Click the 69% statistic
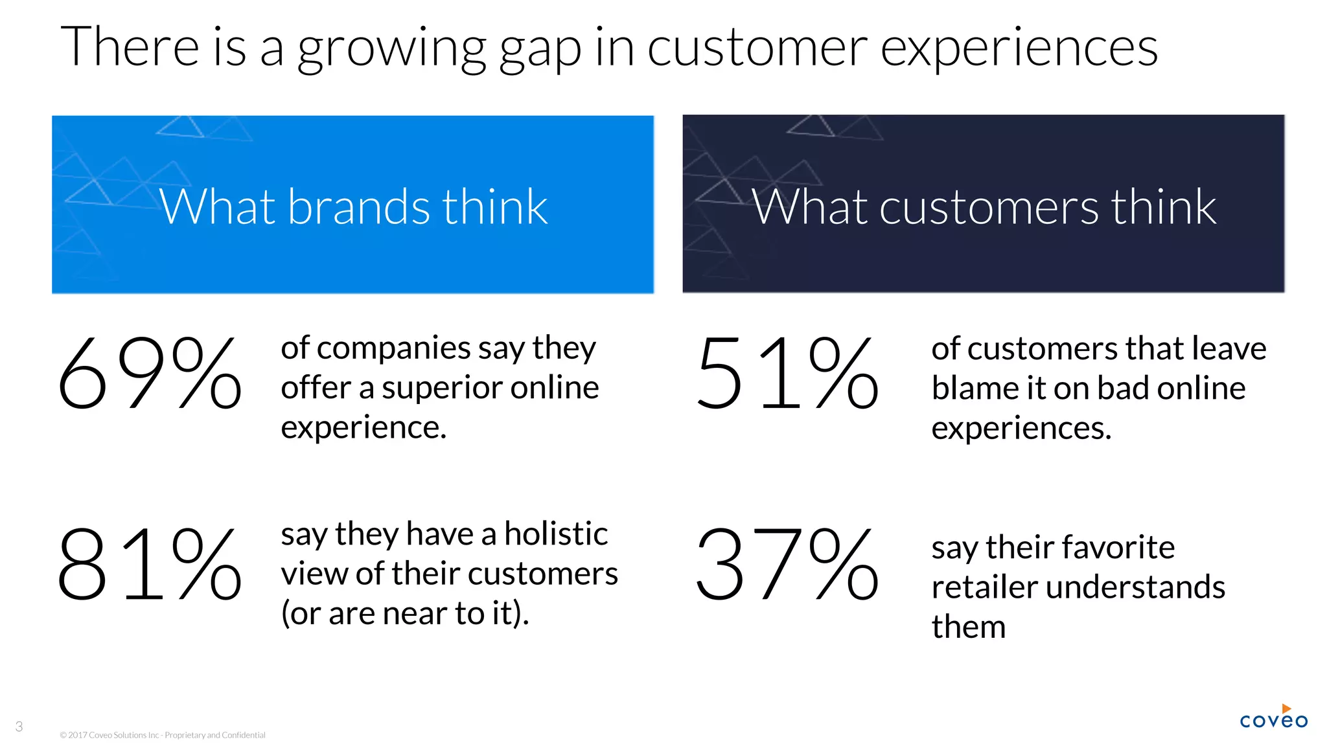149,374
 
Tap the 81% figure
149,563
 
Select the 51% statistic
787,374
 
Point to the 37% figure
787,563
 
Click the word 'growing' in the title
391,49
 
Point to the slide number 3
19,727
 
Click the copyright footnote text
163,735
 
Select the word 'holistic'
556,534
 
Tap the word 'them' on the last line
968,627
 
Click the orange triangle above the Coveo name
1286,709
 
